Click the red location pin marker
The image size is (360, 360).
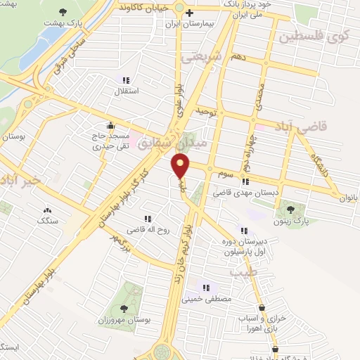[181, 167]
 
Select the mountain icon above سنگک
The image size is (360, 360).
[48, 210]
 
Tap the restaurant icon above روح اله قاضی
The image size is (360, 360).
[146, 219]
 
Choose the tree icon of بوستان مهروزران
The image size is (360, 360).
[124, 308]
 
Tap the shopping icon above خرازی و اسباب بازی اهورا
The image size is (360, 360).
[262, 308]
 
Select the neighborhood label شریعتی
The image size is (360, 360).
[201, 57]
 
